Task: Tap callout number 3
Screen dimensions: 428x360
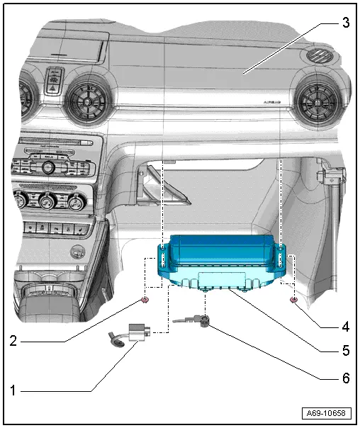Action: pyautogui.click(x=345, y=23)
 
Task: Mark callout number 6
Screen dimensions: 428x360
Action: pyautogui.click(x=345, y=378)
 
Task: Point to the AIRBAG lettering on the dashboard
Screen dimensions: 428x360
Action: pyautogui.click(x=271, y=102)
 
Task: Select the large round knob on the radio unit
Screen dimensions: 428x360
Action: pyautogui.click(x=48, y=167)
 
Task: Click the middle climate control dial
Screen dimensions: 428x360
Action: pyautogui.click(x=48, y=199)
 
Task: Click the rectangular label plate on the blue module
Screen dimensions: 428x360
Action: pyautogui.click(x=221, y=278)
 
